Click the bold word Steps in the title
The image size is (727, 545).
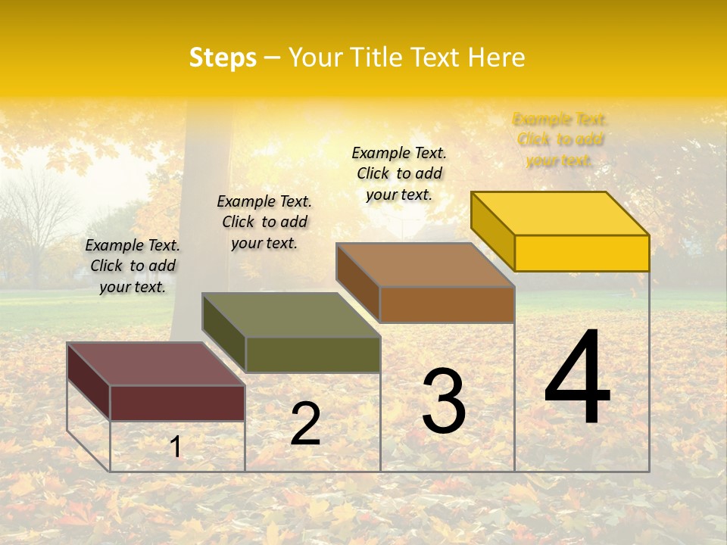[x=223, y=58]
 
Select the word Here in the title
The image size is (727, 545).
[x=496, y=58]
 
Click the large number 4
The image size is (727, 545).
[x=577, y=378]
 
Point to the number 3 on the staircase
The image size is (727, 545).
[x=444, y=401]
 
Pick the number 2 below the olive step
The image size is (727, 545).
[x=306, y=424]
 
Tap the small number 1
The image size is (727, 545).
[x=176, y=447]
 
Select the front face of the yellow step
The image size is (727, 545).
[x=582, y=253]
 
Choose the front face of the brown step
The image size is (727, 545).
[x=447, y=304]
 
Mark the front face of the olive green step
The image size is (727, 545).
[x=312, y=354]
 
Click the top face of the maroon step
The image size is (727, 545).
[x=156, y=364]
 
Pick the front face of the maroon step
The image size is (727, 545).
[x=177, y=403]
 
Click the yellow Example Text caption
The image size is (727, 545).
[x=560, y=139]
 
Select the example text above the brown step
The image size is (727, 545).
[x=399, y=173]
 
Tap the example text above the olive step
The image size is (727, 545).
[x=264, y=222]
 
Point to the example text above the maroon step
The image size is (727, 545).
[x=133, y=266]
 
